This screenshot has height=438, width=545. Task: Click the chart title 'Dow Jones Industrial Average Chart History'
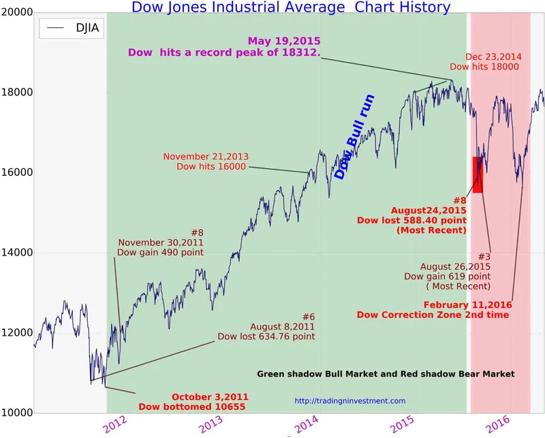[x=290, y=7]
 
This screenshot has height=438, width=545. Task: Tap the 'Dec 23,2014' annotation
[x=493, y=57]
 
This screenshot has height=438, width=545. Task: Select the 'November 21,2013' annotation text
[x=206, y=156]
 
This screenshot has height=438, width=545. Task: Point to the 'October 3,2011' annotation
[x=210, y=396]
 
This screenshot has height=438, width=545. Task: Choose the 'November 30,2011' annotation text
[x=161, y=243]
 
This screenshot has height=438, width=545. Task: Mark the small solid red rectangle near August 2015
[x=478, y=174]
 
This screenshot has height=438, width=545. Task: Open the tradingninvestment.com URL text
[x=349, y=401]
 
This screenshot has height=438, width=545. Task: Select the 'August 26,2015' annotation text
[x=448, y=266]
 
